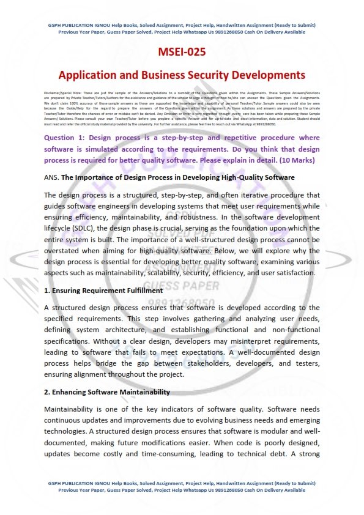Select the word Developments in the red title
267,75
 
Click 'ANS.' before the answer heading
52,177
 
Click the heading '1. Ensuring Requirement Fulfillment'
103,291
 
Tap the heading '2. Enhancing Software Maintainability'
107,391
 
